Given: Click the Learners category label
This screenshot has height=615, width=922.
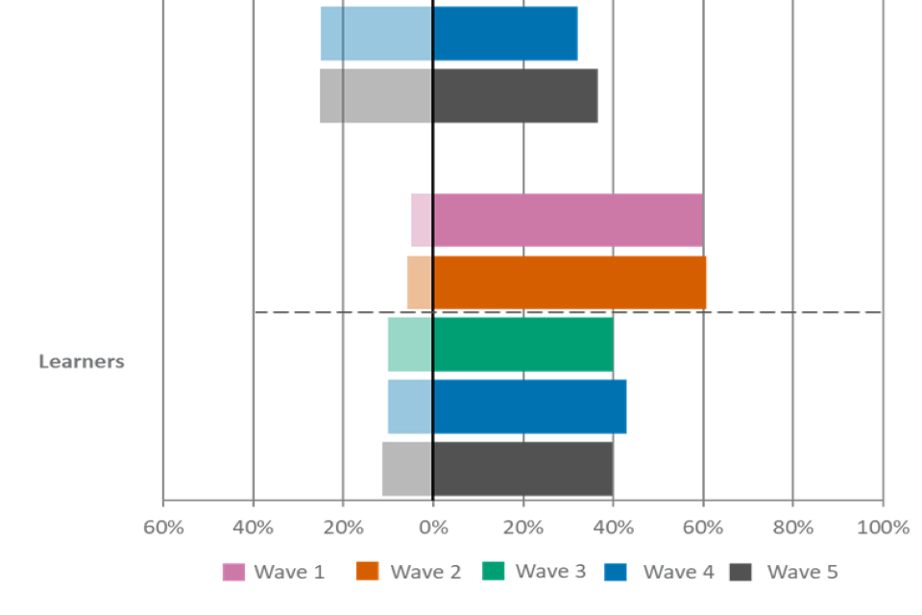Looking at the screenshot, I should click(x=82, y=362).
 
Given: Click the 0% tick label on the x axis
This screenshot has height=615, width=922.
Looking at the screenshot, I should click(x=433, y=528).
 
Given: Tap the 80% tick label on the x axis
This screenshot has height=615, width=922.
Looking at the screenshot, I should click(x=792, y=528).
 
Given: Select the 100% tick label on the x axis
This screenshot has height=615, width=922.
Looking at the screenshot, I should click(x=883, y=528).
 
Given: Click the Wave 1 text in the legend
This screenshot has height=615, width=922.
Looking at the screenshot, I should click(x=289, y=573).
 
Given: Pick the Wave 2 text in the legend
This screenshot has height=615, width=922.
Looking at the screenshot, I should click(x=425, y=573).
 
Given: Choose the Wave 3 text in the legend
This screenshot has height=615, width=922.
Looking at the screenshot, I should click(x=550, y=572).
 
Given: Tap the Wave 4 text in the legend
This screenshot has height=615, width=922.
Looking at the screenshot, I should click(x=678, y=573).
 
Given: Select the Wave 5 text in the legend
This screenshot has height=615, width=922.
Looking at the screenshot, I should click(x=802, y=573).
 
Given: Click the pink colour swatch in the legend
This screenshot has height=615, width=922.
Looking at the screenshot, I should click(x=233, y=573).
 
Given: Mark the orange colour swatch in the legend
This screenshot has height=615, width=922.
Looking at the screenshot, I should click(x=367, y=572).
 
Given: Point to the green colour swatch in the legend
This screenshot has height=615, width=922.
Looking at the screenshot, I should click(x=493, y=572).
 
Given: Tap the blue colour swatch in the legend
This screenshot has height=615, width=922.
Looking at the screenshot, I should click(x=617, y=573).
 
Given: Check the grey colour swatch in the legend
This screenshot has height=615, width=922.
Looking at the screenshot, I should click(x=740, y=573).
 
